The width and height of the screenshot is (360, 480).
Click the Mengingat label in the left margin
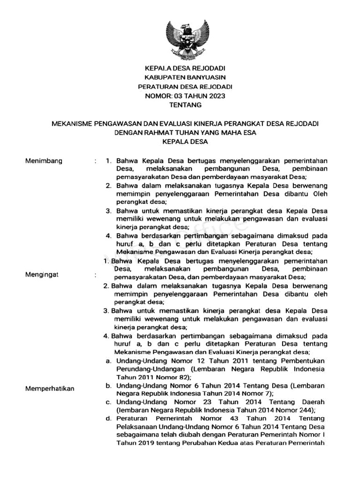tap(42, 275)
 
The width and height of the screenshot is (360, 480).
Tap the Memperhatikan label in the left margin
tap(50, 389)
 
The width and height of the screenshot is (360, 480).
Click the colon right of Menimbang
tap(96, 162)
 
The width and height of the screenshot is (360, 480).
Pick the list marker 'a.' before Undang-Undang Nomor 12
tap(108, 361)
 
